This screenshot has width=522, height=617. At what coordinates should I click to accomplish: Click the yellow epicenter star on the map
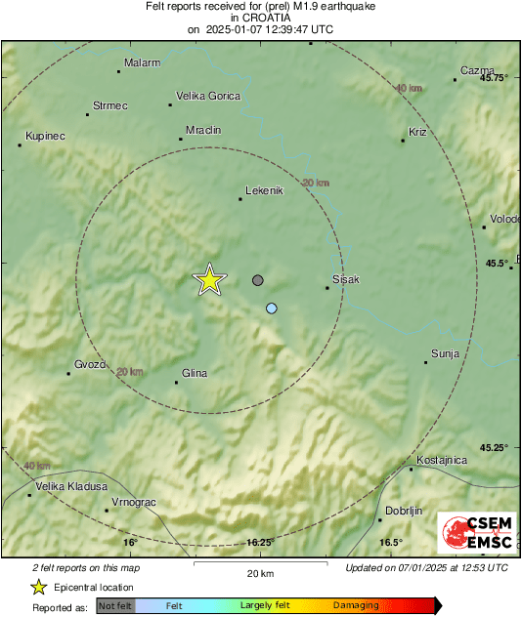pyautogui.click(x=208, y=279)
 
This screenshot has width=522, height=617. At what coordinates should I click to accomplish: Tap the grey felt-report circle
pyautogui.click(x=258, y=280)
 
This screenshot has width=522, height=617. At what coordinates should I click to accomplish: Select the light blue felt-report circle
pyautogui.click(x=272, y=308)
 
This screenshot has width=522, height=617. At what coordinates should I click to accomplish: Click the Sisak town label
pyautogui.click(x=346, y=279)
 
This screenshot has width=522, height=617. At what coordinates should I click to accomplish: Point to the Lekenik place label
pyautogui.click(x=264, y=190)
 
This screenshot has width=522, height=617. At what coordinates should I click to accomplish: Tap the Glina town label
pyautogui.click(x=196, y=372)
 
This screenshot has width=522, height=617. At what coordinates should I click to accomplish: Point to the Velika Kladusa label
pyautogui.click(x=69, y=485)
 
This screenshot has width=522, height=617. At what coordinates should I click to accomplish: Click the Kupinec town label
pyautogui.click(x=45, y=136)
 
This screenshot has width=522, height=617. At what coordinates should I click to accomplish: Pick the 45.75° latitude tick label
pyautogui.click(x=494, y=78)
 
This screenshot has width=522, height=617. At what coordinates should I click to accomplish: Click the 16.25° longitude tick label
pyautogui.click(x=259, y=542)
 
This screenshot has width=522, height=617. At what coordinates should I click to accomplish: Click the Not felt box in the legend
pyautogui.click(x=116, y=605)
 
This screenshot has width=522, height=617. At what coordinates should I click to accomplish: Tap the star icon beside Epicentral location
pyautogui.click(x=38, y=587)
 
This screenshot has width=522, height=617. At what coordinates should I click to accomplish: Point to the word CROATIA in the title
pyautogui.click(x=261, y=18)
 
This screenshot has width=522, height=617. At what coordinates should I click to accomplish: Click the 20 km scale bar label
pyautogui.click(x=260, y=572)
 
